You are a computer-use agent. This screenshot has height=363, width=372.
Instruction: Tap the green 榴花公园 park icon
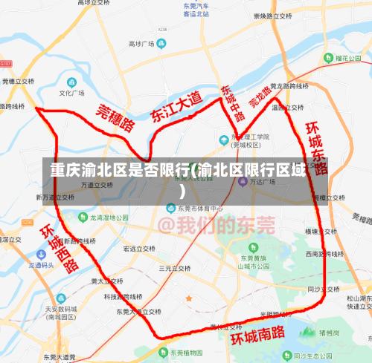[327, 56]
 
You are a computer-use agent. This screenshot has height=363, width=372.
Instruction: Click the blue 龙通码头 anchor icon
[22, 264]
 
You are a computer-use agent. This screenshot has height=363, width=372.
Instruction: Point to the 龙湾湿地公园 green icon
[83, 218]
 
